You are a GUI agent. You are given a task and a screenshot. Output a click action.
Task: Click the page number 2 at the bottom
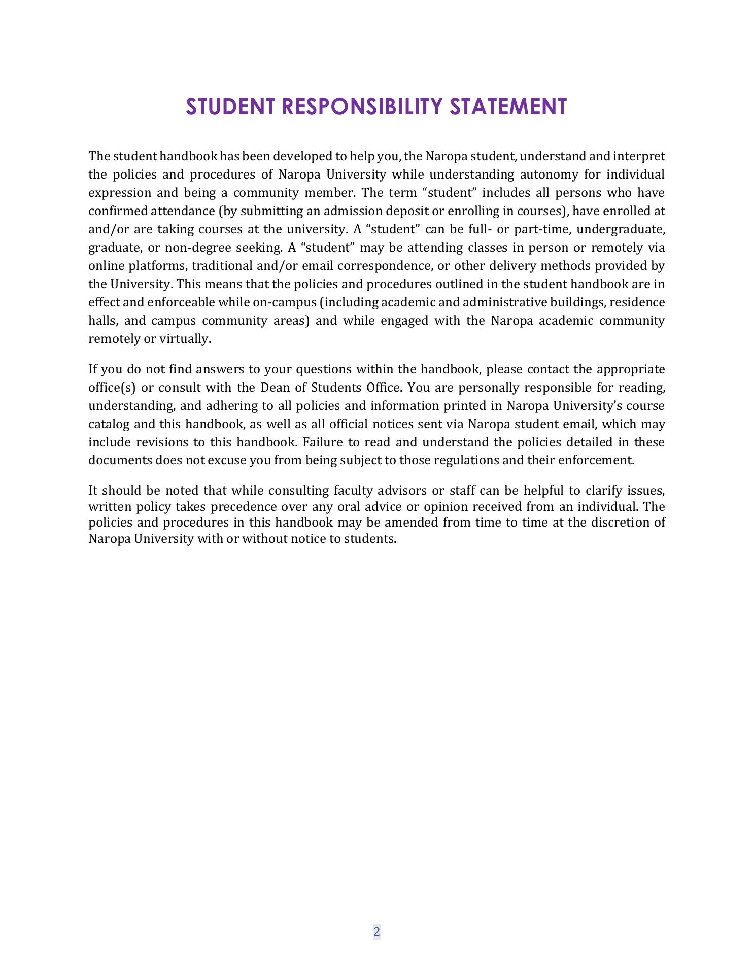376,932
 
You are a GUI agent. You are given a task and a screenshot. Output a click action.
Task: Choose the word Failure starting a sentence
321,442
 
